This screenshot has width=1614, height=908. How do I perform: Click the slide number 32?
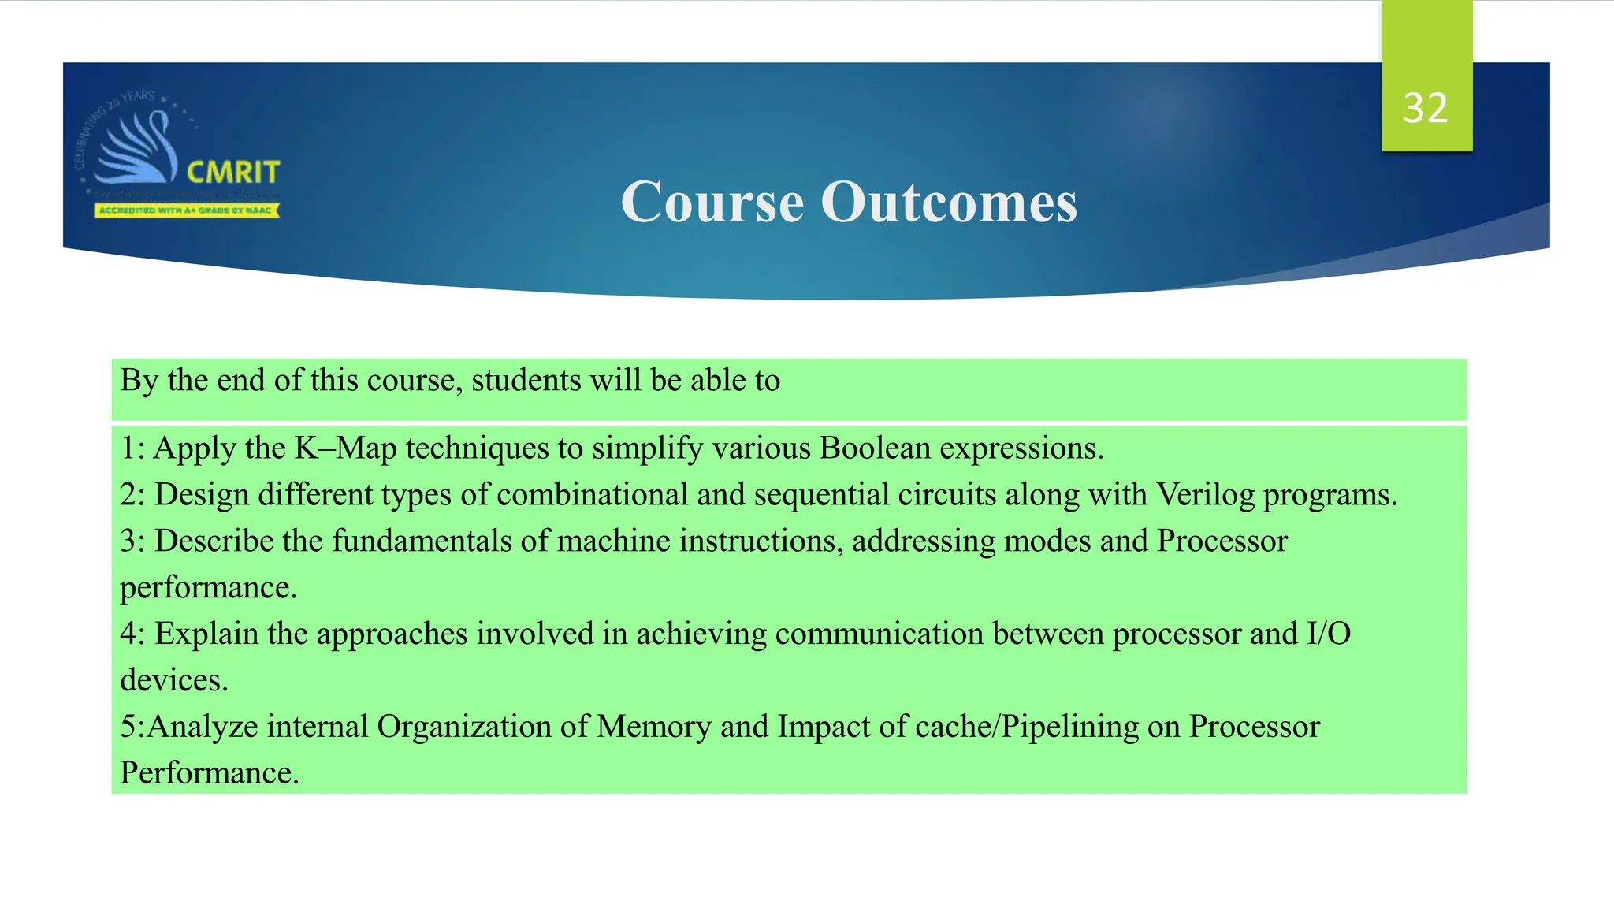[1426, 108]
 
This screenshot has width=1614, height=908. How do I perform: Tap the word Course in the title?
[712, 202]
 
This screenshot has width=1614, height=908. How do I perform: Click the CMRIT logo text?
[233, 172]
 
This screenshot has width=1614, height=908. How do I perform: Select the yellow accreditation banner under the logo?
[187, 210]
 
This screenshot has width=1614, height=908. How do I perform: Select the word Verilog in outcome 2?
[1205, 495]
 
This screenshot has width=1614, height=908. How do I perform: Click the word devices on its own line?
[173, 680]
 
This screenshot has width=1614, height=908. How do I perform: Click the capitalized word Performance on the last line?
[208, 773]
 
